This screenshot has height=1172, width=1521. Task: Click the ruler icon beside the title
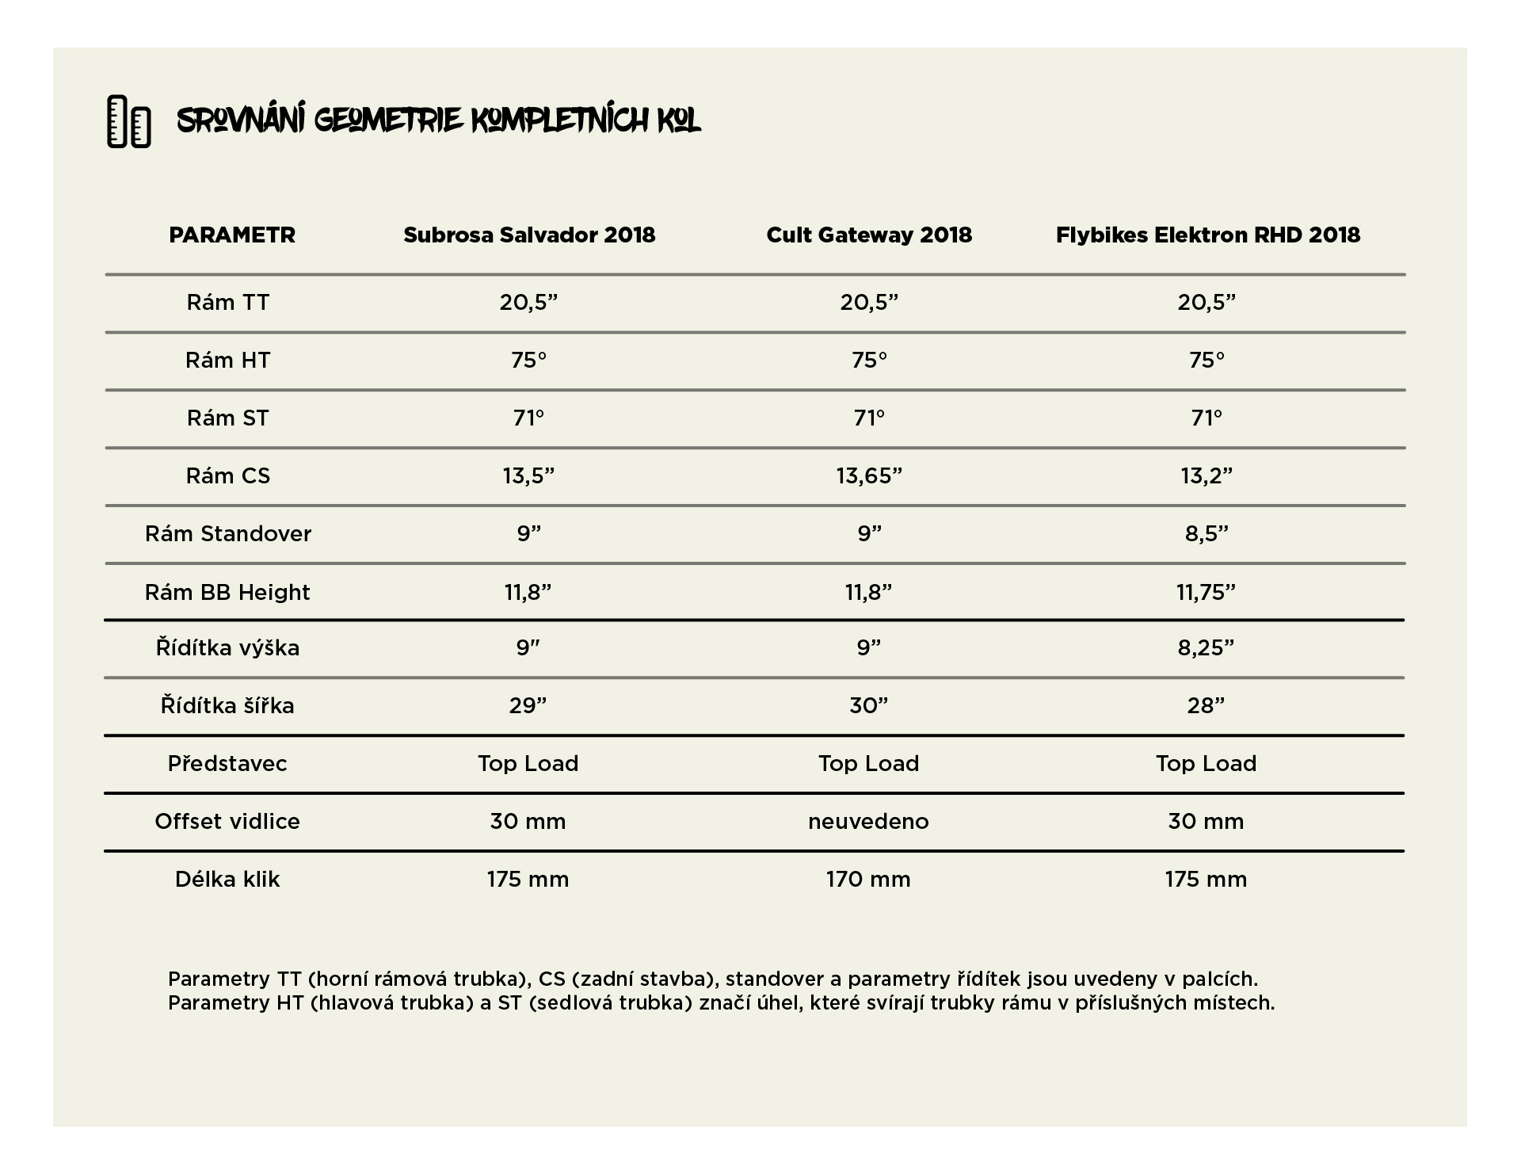(129, 121)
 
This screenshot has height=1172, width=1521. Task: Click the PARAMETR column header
(232, 235)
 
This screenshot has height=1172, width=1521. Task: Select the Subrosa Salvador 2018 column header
(529, 235)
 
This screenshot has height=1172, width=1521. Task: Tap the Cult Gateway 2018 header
(869, 235)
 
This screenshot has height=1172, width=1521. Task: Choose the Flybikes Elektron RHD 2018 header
(1207, 235)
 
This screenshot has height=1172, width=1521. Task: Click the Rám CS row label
(228, 475)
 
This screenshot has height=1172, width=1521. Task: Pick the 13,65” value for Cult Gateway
(869, 475)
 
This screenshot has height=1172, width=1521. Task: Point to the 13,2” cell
(1207, 475)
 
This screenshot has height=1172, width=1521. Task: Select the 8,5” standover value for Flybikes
(1207, 533)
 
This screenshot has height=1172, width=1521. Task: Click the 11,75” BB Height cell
(1207, 592)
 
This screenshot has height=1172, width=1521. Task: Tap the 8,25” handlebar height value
(1207, 647)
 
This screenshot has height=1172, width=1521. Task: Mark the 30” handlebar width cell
(869, 705)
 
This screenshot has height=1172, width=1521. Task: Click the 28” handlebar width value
(1207, 705)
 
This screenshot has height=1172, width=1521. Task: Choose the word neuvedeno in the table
(868, 822)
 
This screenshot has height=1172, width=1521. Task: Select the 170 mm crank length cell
(868, 880)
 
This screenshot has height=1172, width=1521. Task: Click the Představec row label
(227, 763)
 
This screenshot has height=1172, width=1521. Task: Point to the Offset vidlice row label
(227, 821)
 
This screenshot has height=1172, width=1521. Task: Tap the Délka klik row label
(227, 880)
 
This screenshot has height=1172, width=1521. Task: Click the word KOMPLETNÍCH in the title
(559, 121)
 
